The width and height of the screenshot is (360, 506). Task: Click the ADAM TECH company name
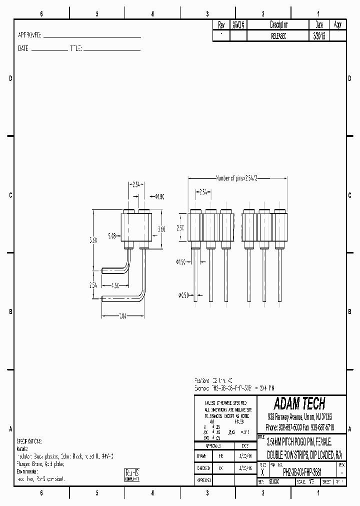click(299, 403)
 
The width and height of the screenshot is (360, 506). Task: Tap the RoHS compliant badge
click(132, 474)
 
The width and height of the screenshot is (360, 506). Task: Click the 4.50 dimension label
click(114, 286)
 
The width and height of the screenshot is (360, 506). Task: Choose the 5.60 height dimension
click(93, 240)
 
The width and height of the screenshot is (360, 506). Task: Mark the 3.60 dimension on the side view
click(161, 229)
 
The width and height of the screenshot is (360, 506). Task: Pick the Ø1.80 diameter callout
click(160, 196)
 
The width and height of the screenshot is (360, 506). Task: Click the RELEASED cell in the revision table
click(278, 36)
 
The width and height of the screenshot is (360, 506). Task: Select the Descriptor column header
click(278, 24)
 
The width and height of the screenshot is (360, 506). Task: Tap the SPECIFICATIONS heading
click(29, 441)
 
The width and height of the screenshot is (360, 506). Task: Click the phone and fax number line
click(299, 427)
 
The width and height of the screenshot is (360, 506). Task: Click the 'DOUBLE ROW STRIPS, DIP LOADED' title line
click(300, 455)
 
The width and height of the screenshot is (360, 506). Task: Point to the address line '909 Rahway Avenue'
click(299, 416)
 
